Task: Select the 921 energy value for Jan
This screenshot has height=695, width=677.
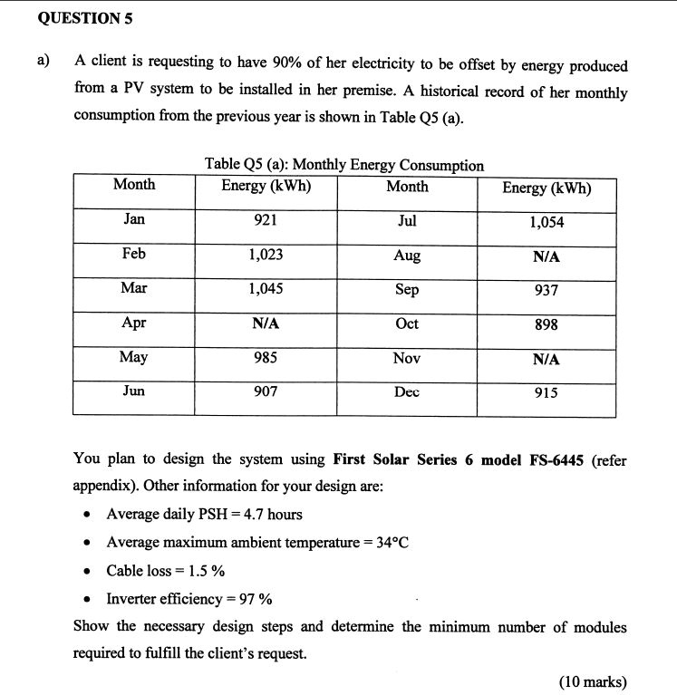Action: [x=266, y=220]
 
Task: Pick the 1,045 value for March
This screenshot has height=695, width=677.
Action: [x=266, y=289]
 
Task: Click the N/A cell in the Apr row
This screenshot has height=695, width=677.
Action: [x=266, y=323]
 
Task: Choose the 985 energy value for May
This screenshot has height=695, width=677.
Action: [x=266, y=358]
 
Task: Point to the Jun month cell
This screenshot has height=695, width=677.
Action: [x=133, y=391]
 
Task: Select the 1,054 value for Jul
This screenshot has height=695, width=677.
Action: [x=546, y=223]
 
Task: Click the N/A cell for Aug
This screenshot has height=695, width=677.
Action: [x=546, y=257]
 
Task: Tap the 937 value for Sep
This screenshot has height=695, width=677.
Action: [x=546, y=291]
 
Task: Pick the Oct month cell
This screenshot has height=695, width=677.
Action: [x=407, y=323]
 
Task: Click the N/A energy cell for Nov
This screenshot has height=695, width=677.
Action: [x=546, y=360]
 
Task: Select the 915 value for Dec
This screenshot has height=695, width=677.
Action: [x=546, y=393]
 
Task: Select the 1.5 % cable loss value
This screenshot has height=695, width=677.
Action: [x=206, y=571]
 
